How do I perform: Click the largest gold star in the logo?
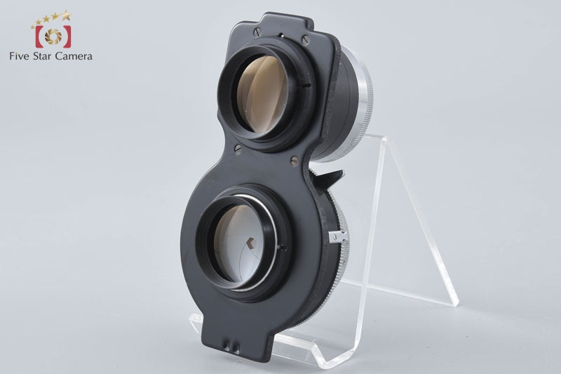coord(66,15)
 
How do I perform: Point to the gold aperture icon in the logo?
coord(53,36)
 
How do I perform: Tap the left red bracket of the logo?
coord(39,36)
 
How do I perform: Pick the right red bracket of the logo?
coord(67,36)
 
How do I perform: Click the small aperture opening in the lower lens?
coord(252,243)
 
